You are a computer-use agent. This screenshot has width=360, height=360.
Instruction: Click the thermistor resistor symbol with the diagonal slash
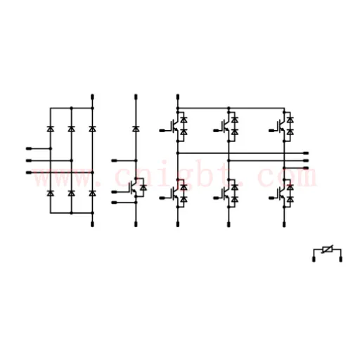(327, 250)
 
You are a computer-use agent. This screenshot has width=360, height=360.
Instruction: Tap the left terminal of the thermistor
(314, 259)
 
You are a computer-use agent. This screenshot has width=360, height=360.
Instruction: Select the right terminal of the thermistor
(341, 259)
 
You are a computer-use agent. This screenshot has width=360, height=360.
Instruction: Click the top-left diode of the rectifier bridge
(51, 129)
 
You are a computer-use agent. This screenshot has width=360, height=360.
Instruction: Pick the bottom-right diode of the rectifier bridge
(92, 193)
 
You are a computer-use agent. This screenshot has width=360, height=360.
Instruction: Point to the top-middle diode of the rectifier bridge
(72, 129)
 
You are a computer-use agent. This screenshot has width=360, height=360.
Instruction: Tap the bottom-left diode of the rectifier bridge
(51, 193)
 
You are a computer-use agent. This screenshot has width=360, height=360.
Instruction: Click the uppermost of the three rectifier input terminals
(29, 148)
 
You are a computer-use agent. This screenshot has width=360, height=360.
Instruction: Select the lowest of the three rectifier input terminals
(29, 173)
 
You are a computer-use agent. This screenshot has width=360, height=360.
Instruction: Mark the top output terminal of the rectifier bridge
(92, 97)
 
